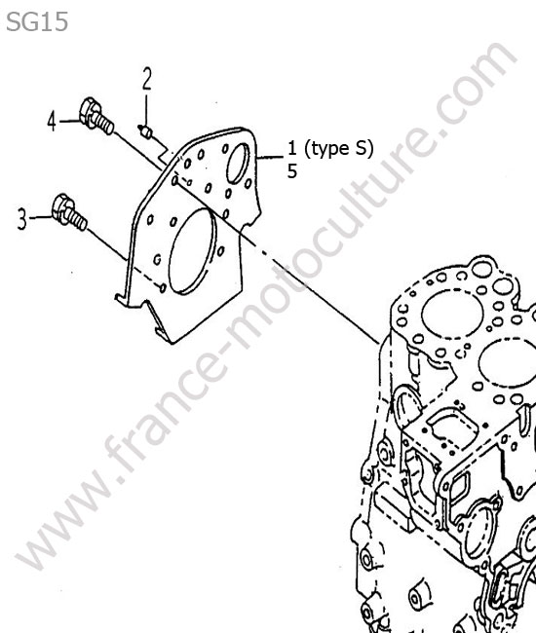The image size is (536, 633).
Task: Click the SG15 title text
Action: (37, 21)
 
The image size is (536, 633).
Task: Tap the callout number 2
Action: (147, 79)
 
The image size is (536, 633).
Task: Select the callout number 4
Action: (52, 122)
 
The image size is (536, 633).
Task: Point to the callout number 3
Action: (22, 218)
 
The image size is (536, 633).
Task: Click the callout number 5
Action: (292, 171)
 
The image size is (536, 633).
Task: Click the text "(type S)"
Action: (338, 149)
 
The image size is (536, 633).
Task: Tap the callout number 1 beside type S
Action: (292, 148)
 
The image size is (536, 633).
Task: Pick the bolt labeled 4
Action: (96, 116)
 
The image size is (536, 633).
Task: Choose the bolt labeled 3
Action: (69, 212)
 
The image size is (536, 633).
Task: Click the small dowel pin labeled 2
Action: (145, 130)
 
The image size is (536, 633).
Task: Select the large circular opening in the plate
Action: (192, 250)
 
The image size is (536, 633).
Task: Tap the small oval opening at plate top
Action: (239, 163)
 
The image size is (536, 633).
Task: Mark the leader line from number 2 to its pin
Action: (146, 109)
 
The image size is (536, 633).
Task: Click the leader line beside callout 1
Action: (270, 158)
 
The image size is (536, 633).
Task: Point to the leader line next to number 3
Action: (40, 217)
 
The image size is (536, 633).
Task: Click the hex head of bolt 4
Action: (90, 111)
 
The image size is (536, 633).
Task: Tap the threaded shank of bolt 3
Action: (78, 219)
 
